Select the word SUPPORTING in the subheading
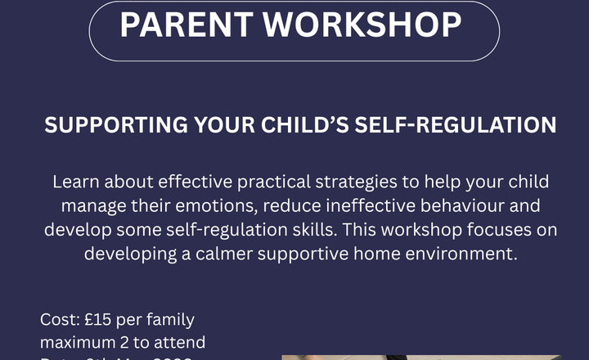(115, 126)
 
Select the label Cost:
(58, 320)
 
